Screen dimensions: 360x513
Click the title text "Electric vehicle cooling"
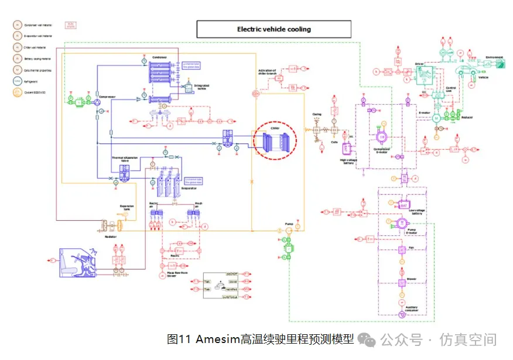273,29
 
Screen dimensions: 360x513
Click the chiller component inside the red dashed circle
275,142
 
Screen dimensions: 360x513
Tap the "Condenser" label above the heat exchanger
160,57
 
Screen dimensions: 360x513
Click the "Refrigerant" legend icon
18,81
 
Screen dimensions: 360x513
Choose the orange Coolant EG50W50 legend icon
18,92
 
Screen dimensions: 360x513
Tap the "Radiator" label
110,237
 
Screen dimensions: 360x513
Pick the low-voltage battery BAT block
403,205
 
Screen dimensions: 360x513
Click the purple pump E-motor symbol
402,224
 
